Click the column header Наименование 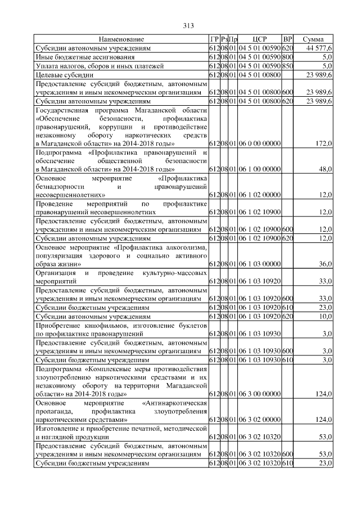[x=121, y=40]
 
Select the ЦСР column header [x=259, y=40]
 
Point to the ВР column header [x=287, y=40]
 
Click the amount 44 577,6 [x=319, y=49]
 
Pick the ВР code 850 [x=287, y=66]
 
